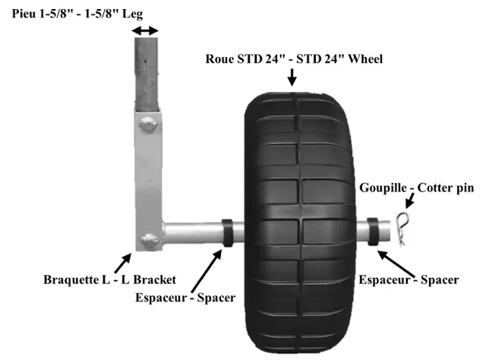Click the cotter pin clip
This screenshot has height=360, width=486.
click(x=402, y=228)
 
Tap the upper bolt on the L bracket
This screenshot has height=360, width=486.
click(x=148, y=124)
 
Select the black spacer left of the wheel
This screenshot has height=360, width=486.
click(x=227, y=233)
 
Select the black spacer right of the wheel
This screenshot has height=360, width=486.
click(x=372, y=232)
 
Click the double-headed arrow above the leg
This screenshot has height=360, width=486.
click(x=145, y=30)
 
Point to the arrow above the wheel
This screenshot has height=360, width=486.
click(x=292, y=77)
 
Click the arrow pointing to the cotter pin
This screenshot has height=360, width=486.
click(x=410, y=201)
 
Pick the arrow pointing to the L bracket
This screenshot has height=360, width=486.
click(x=123, y=263)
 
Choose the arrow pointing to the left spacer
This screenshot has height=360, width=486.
click(x=207, y=270)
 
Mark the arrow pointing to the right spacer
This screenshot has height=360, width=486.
click(x=396, y=264)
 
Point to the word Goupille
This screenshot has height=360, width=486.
click(x=383, y=188)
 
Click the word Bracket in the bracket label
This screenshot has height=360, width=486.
click(x=155, y=279)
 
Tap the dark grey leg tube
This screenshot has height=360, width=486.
click(x=147, y=74)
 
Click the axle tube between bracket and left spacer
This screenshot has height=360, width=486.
click(x=192, y=233)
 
